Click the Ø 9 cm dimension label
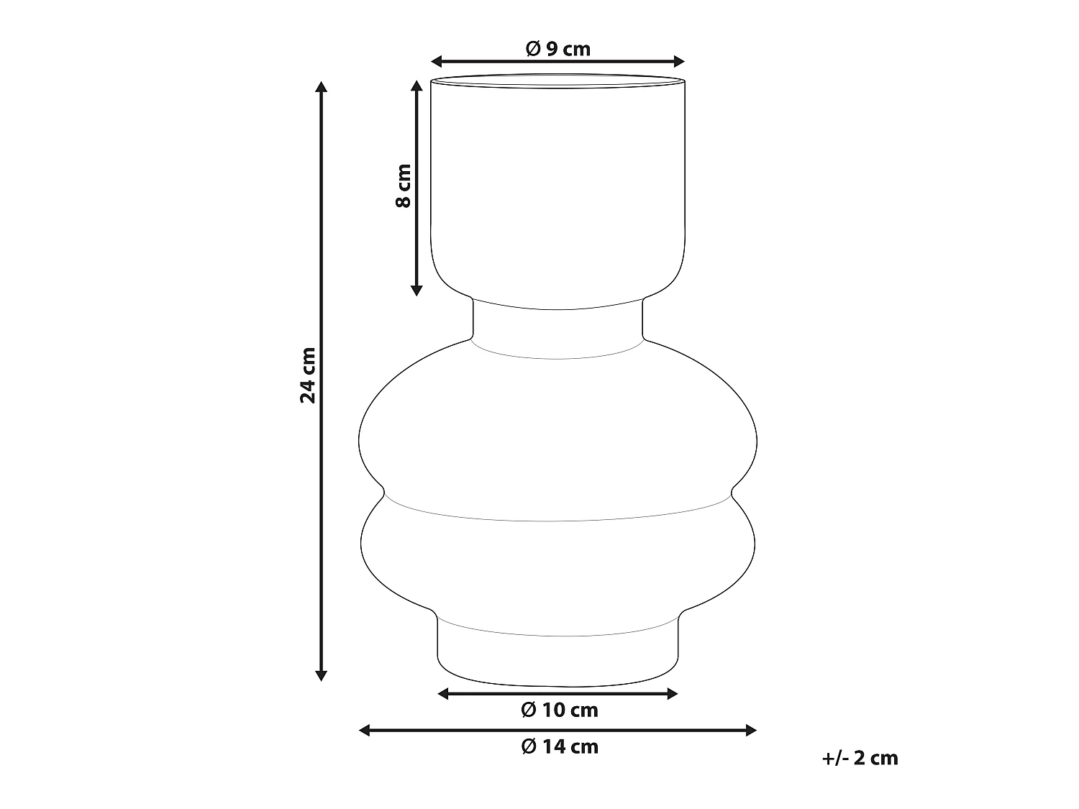pyautogui.click(x=557, y=48)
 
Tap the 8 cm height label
pyautogui.click(x=404, y=186)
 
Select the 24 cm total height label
pyautogui.click(x=308, y=375)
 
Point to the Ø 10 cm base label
pyautogui.click(x=559, y=710)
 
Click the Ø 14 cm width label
pyautogui.click(x=559, y=746)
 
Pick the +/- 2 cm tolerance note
pyautogui.click(x=860, y=758)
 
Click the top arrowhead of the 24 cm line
pyautogui.click(x=322, y=87)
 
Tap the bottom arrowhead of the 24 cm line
pyautogui.click(x=322, y=675)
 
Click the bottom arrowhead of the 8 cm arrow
pyautogui.click(x=416, y=290)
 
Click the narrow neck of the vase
pyautogui.click(x=557, y=327)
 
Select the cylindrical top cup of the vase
pyautogui.click(x=557, y=187)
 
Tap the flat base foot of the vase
pyautogui.click(x=557, y=658)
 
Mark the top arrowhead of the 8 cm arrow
pyautogui.click(x=416, y=84)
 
